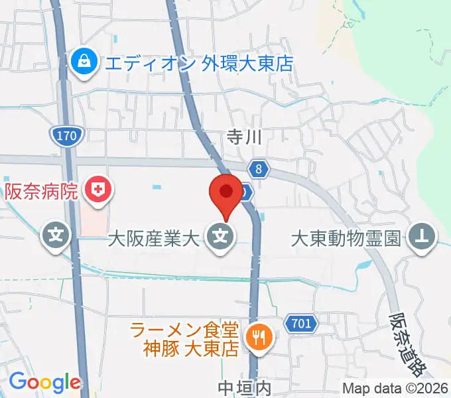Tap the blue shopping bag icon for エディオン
84,63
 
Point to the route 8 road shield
259,170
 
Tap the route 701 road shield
300,324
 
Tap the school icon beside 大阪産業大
220,235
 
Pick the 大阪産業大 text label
155,236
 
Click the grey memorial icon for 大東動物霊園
421,234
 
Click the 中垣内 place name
245,387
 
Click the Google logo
44,382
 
